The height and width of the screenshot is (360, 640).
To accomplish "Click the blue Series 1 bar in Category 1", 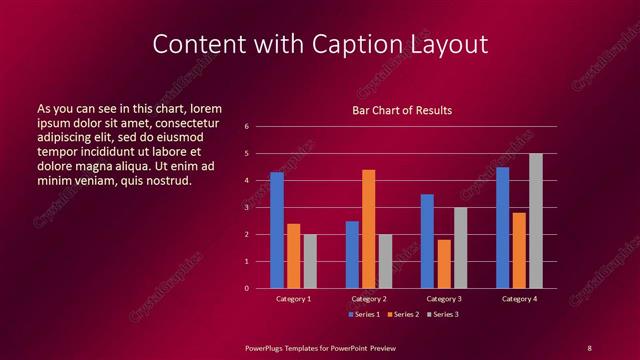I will tap(277, 230).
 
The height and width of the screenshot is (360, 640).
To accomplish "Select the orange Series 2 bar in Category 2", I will tap(368, 229).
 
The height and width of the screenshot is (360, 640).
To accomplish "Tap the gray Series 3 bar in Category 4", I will tap(535, 221).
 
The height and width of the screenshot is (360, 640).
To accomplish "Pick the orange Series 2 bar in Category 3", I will tap(443, 264).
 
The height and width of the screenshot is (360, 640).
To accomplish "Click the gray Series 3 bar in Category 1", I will tap(310, 261).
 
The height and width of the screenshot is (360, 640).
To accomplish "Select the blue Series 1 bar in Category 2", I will tap(352, 254).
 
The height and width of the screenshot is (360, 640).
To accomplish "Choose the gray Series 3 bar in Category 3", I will tap(460, 248).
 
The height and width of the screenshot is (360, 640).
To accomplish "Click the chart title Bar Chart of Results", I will tap(402, 110).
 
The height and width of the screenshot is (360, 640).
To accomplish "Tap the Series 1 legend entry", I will tap(363, 314).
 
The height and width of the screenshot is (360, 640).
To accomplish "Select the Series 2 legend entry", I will tap(403, 314).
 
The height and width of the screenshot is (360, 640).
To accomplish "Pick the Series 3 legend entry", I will tap(442, 314).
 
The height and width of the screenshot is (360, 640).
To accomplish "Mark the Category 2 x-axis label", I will tap(368, 299).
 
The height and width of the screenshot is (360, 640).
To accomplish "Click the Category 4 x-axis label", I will tap(518, 299).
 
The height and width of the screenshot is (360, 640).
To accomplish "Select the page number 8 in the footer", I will tap(589, 347).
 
